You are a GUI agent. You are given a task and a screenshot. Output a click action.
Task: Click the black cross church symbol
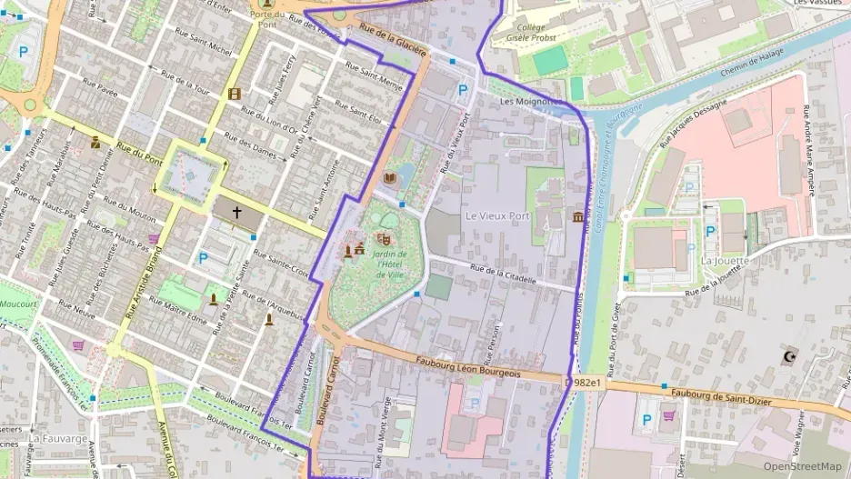coord(237,212)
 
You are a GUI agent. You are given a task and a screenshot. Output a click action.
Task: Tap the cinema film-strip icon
coord(235,93)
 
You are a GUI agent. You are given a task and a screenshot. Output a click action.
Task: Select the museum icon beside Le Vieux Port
coord(578,216)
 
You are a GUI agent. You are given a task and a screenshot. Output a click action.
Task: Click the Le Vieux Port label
coord(496,216)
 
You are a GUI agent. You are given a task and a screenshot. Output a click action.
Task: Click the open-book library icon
coord(390,178)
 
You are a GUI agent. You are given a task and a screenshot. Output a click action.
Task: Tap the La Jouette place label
coord(725,261)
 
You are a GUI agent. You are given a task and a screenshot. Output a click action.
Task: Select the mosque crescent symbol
coord(790,354)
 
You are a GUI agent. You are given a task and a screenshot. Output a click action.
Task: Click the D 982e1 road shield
coord(583,384)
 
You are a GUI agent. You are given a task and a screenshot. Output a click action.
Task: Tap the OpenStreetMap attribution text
coord(802,466)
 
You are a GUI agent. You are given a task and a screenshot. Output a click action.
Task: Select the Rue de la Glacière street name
coord(393,42)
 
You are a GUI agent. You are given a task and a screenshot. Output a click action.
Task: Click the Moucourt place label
coord(17,304)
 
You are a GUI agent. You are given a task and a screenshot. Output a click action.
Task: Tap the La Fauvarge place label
coord(57,438)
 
